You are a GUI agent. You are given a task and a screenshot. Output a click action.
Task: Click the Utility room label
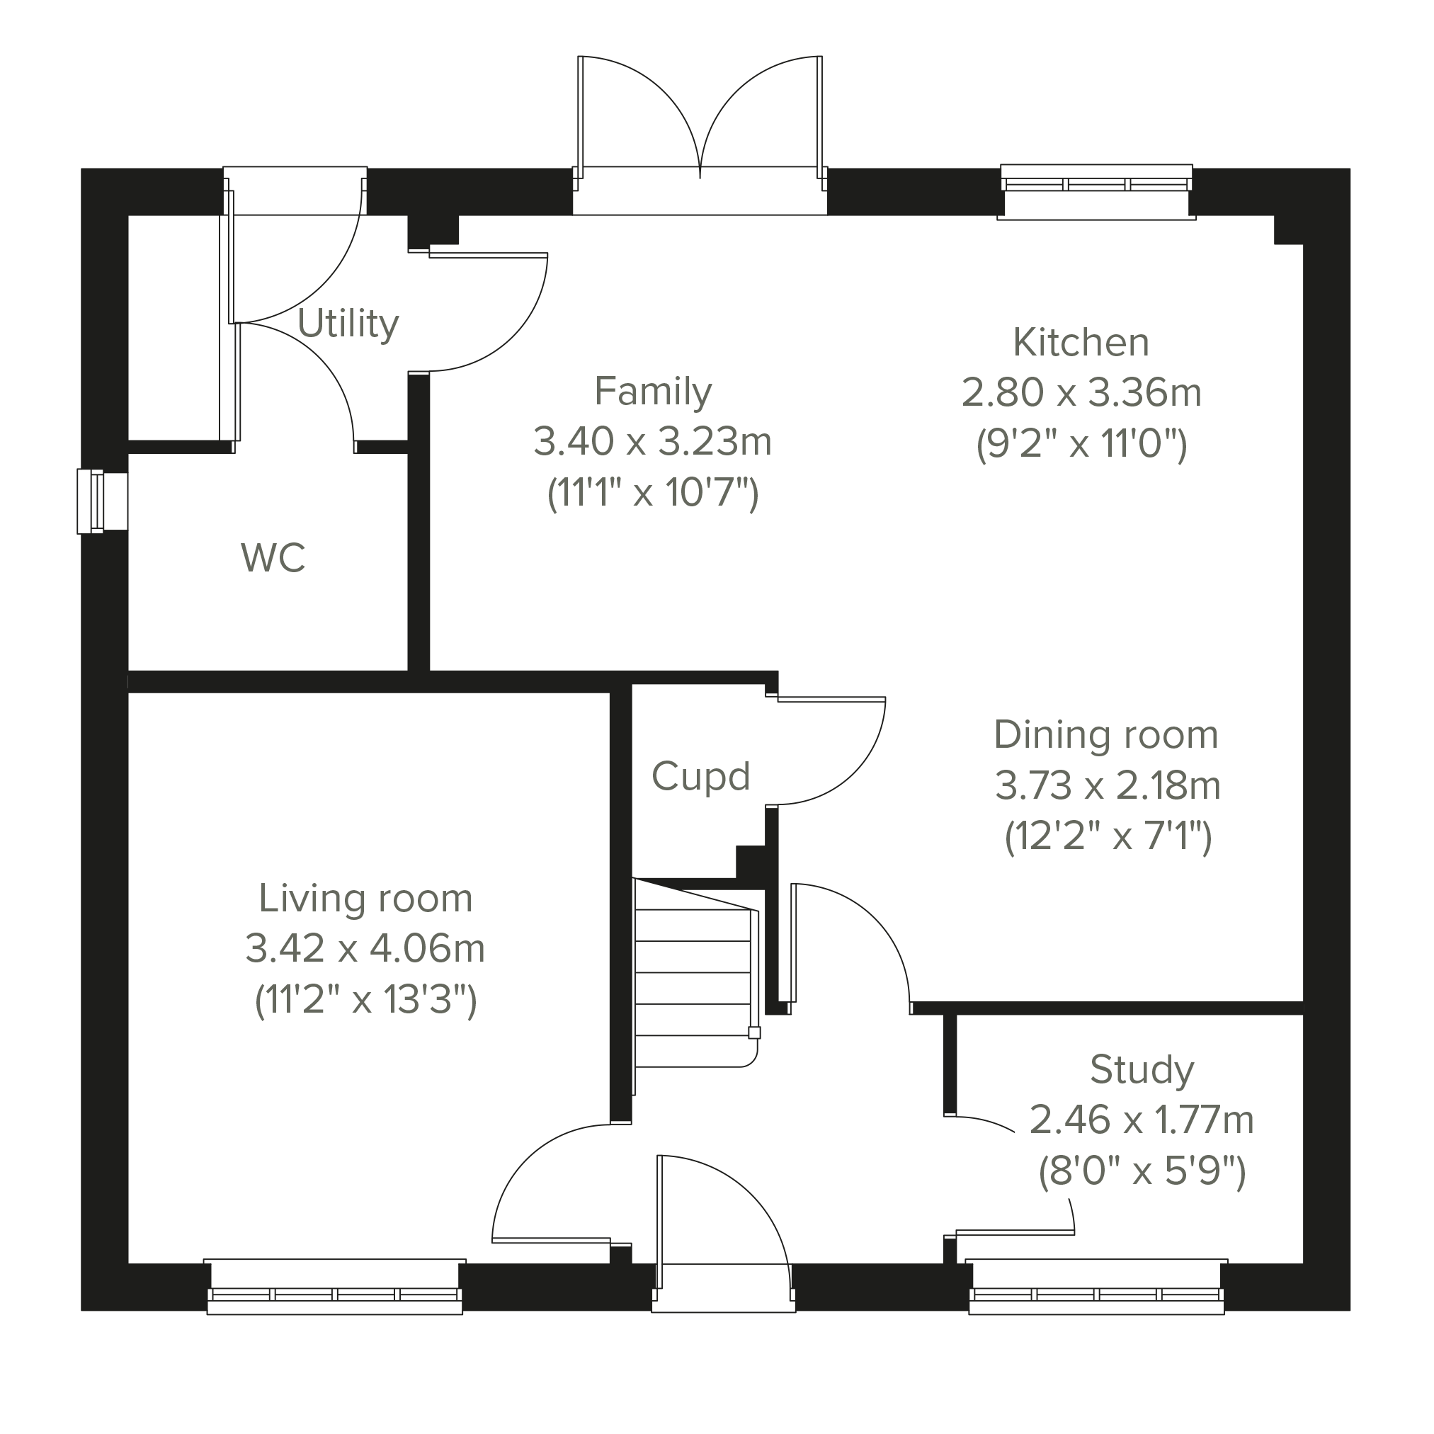tap(348, 324)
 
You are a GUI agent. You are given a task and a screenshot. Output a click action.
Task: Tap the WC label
tap(273, 558)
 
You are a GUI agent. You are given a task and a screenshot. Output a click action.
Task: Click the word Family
tap(653, 391)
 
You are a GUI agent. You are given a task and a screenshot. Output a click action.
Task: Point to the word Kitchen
tap(1081, 342)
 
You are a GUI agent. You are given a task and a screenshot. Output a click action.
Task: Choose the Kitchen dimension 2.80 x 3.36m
tap(1081, 392)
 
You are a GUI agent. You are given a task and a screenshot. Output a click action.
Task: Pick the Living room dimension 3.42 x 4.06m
tap(365, 949)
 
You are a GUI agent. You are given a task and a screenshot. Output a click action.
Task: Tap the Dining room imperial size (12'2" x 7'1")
tap(1108, 836)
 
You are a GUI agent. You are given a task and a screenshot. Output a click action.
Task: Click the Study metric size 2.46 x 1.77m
tap(1142, 1120)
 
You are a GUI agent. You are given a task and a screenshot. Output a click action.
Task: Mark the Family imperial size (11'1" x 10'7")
tap(653, 492)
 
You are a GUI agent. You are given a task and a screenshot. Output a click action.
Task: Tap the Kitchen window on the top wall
tap(1096, 191)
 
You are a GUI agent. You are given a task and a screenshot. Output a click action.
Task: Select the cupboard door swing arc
tap(850, 773)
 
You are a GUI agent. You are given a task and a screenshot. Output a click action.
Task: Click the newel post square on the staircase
tap(754, 1032)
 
